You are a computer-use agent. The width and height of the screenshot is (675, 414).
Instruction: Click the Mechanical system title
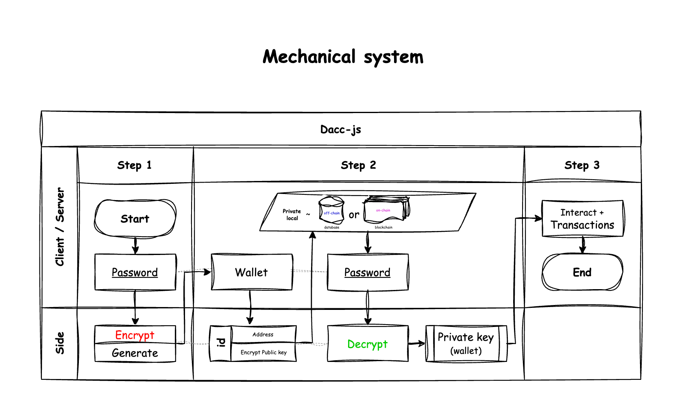pyautogui.click(x=343, y=57)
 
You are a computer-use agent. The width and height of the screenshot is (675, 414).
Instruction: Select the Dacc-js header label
pyautogui.click(x=341, y=129)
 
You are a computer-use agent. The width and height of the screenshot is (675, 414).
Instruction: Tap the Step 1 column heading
pyautogui.click(x=134, y=165)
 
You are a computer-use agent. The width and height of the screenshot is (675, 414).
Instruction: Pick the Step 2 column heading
pyautogui.click(x=358, y=165)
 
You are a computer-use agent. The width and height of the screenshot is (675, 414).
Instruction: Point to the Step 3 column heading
pyautogui.click(x=582, y=165)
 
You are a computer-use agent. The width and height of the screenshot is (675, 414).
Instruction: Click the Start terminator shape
pyautogui.click(x=135, y=218)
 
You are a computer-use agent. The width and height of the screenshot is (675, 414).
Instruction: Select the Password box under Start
pyautogui.click(x=135, y=272)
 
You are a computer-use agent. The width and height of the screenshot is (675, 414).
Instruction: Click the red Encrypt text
pyautogui.click(x=135, y=335)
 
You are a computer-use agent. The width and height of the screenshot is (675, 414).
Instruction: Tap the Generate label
pyautogui.click(x=135, y=353)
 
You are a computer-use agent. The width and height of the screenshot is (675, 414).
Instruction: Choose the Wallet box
pyautogui.click(x=252, y=272)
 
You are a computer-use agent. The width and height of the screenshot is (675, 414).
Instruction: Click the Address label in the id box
pyautogui.click(x=263, y=334)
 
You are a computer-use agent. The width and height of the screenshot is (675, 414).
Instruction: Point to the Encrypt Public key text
pyautogui.click(x=263, y=352)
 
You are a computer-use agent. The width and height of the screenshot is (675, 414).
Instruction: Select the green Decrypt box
pyautogui.click(x=368, y=344)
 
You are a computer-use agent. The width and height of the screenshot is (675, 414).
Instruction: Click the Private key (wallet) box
pyautogui.click(x=466, y=344)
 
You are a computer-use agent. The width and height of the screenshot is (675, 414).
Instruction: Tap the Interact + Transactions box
pyautogui.click(x=582, y=218)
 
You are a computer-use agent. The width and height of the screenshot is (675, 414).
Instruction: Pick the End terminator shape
pyautogui.click(x=582, y=272)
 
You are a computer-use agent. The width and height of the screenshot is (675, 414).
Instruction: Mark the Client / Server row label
pyautogui.click(x=60, y=227)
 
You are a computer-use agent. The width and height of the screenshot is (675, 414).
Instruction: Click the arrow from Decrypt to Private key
pyautogui.click(x=417, y=344)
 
